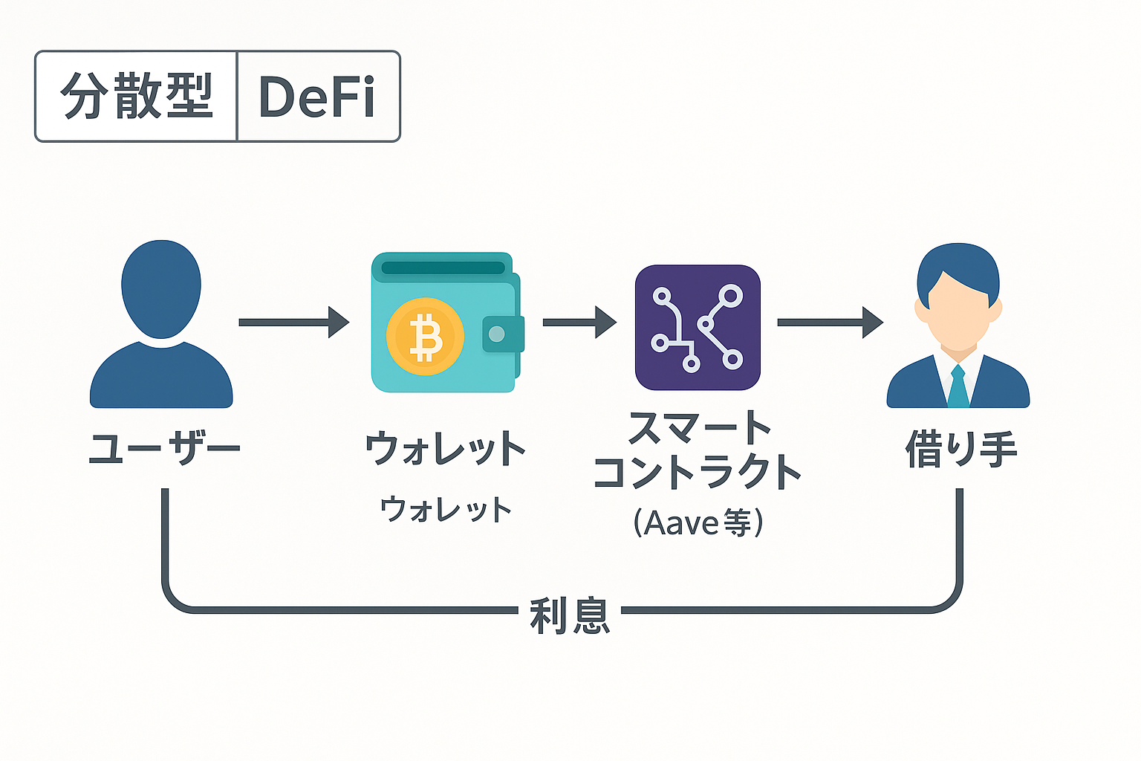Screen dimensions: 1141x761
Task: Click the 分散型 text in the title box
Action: pyautogui.click(x=136, y=96)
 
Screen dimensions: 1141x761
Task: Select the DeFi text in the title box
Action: pyautogui.click(x=317, y=97)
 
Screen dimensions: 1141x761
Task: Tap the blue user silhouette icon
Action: pyautogui.click(x=161, y=324)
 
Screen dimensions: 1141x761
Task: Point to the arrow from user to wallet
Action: pyautogui.click(x=294, y=322)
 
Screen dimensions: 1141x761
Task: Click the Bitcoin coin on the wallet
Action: pyautogui.click(x=426, y=337)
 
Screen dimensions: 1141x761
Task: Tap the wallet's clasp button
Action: pyautogui.click(x=497, y=334)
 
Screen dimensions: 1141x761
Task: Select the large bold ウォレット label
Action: pyautogui.click(x=445, y=447)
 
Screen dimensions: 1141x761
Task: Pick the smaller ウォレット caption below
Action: pyautogui.click(x=446, y=508)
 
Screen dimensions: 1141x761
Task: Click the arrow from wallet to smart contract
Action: pyautogui.click(x=579, y=322)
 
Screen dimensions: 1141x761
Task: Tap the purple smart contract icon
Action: pyautogui.click(x=698, y=327)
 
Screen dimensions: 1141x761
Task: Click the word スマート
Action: pyautogui.click(x=699, y=427)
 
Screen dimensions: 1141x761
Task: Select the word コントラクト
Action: pyautogui.click(x=698, y=471)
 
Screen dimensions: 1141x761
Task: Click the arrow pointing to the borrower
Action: pyautogui.click(x=830, y=322)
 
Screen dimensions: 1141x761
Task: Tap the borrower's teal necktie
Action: pyautogui.click(x=958, y=386)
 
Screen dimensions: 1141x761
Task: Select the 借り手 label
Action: pyautogui.click(x=960, y=449)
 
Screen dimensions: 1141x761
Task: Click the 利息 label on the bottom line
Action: pyautogui.click(x=570, y=616)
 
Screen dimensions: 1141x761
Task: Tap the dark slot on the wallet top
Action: pyautogui.click(x=443, y=268)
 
